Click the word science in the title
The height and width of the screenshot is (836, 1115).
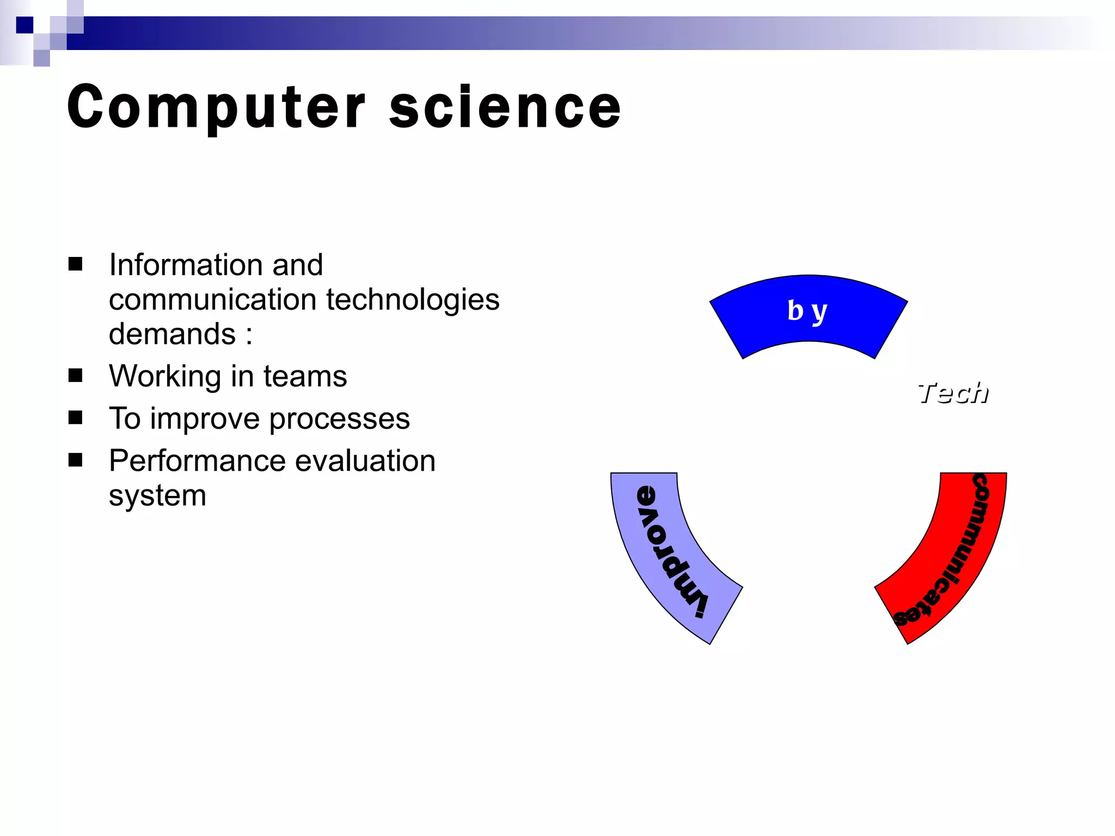505,107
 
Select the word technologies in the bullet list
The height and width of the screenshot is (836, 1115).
413,300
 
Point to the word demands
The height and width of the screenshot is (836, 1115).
172,334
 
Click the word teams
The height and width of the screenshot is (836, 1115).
305,376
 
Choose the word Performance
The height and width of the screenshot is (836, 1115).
197,461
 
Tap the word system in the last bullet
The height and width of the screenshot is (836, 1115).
157,496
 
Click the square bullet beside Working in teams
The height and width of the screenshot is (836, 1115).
75,375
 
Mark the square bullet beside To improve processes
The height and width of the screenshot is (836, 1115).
75,417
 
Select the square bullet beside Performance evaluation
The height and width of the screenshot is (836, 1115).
75,460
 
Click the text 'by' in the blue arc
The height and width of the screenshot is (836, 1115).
807,311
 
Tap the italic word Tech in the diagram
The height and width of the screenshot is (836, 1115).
953,393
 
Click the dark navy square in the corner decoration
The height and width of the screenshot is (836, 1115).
24,25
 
